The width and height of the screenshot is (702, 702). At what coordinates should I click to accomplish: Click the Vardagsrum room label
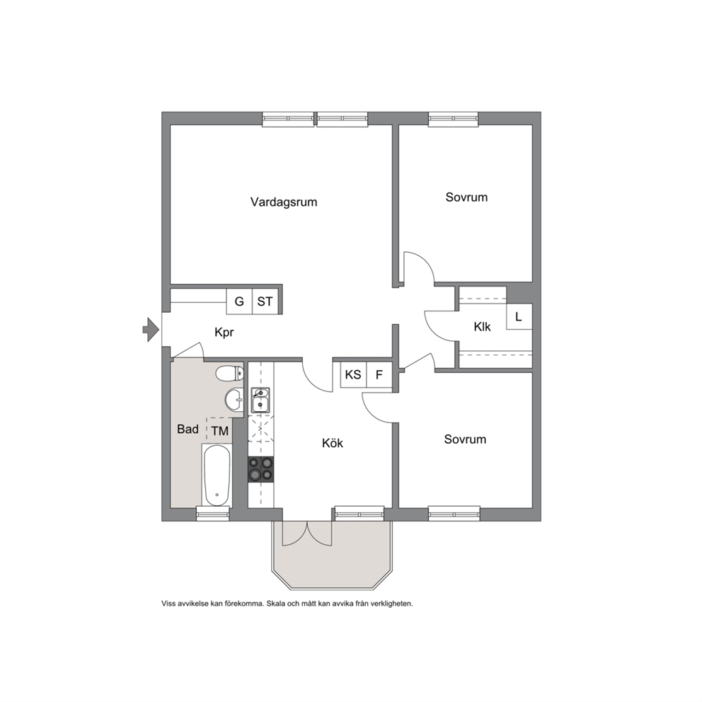[284, 202]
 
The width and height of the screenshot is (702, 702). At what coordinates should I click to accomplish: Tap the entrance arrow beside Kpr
[151, 330]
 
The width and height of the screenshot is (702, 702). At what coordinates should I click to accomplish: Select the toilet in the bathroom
[229, 374]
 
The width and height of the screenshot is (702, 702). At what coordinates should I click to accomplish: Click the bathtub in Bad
[217, 476]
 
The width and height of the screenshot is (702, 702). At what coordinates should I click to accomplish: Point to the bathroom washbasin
[234, 399]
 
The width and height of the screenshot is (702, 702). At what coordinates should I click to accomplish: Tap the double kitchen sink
[260, 399]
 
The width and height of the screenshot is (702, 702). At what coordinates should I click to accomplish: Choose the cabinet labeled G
[239, 301]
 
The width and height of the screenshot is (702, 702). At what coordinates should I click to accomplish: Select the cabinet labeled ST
[265, 301]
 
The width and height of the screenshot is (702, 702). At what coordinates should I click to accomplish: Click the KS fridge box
[353, 374]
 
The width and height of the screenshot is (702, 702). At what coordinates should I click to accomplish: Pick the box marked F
[379, 374]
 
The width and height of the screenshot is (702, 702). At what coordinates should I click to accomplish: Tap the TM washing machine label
[220, 431]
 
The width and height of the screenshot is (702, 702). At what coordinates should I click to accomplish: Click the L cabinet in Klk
[519, 316]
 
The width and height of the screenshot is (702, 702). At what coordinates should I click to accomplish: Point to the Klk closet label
[482, 327]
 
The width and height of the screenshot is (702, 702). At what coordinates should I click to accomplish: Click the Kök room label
[333, 443]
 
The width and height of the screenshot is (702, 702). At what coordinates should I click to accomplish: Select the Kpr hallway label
[224, 332]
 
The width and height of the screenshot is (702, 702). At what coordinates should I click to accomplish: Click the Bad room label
[188, 429]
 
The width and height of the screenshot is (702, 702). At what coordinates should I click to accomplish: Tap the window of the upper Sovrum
[454, 119]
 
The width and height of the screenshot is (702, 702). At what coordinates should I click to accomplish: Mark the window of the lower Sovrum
[454, 514]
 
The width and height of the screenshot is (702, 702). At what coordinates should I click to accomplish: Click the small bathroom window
[213, 514]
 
